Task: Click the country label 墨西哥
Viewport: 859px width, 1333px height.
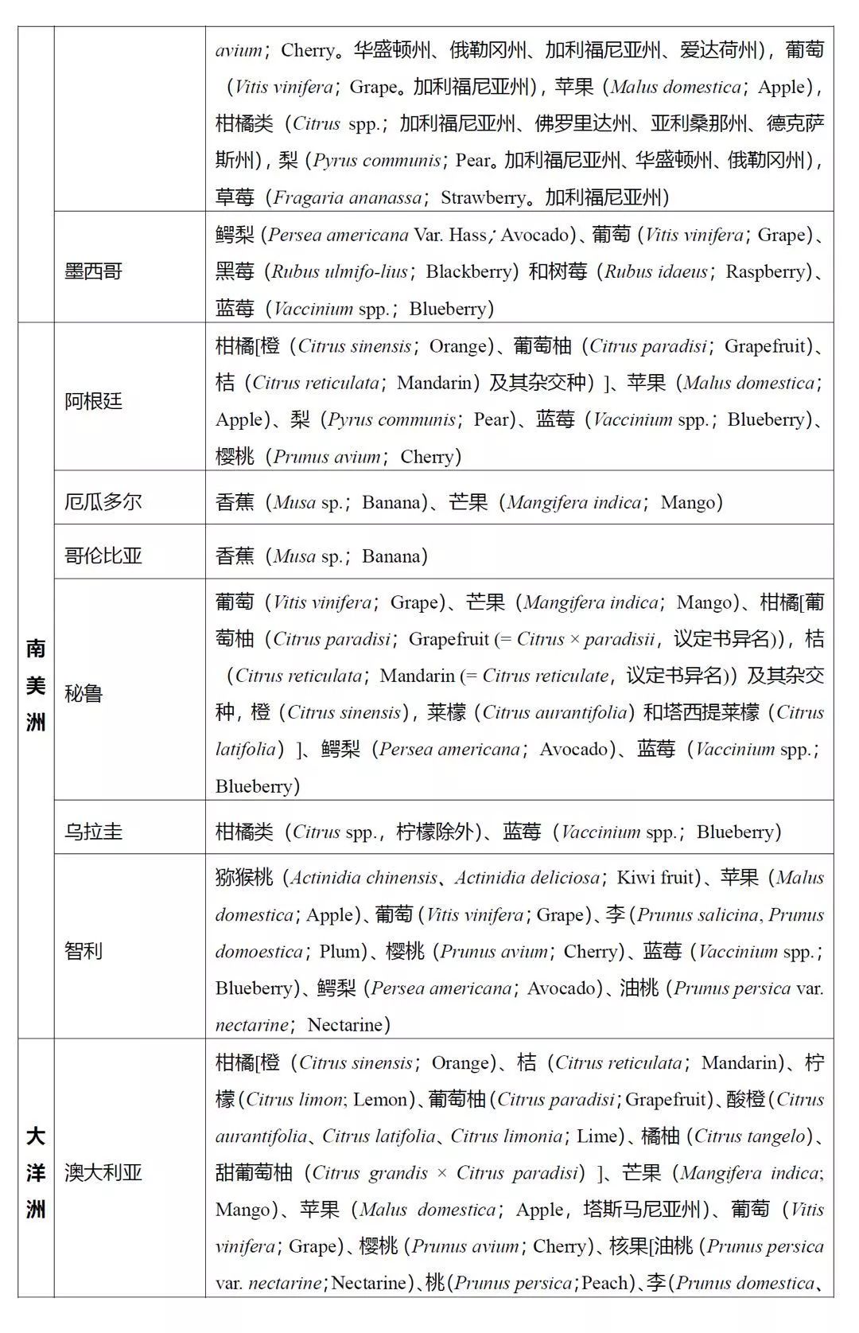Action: [x=93, y=271]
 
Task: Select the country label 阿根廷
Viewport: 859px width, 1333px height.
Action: [x=93, y=400]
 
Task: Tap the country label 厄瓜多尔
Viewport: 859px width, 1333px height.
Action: [x=103, y=502]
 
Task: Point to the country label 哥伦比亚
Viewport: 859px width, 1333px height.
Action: [x=103, y=555]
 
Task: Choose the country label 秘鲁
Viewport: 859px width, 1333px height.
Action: [x=84, y=693]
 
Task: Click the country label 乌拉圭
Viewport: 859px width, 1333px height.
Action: [x=93, y=832]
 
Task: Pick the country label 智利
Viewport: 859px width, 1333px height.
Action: [x=84, y=951]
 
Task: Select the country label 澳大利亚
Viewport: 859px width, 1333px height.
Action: [x=103, y=1172]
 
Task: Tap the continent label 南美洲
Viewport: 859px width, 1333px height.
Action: [x=36, y=685]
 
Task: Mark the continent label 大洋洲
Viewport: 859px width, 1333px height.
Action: [x=36, y=1172]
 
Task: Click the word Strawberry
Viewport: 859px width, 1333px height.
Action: [x=484, y=197]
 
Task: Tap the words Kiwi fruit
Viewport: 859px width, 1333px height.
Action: [x=656, y=878]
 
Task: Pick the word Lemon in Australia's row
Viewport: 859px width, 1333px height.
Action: [x=379, y=1100]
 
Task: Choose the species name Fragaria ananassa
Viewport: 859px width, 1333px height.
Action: [x=348, y=197]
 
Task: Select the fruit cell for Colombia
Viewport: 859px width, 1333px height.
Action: [x=519, y=555]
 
